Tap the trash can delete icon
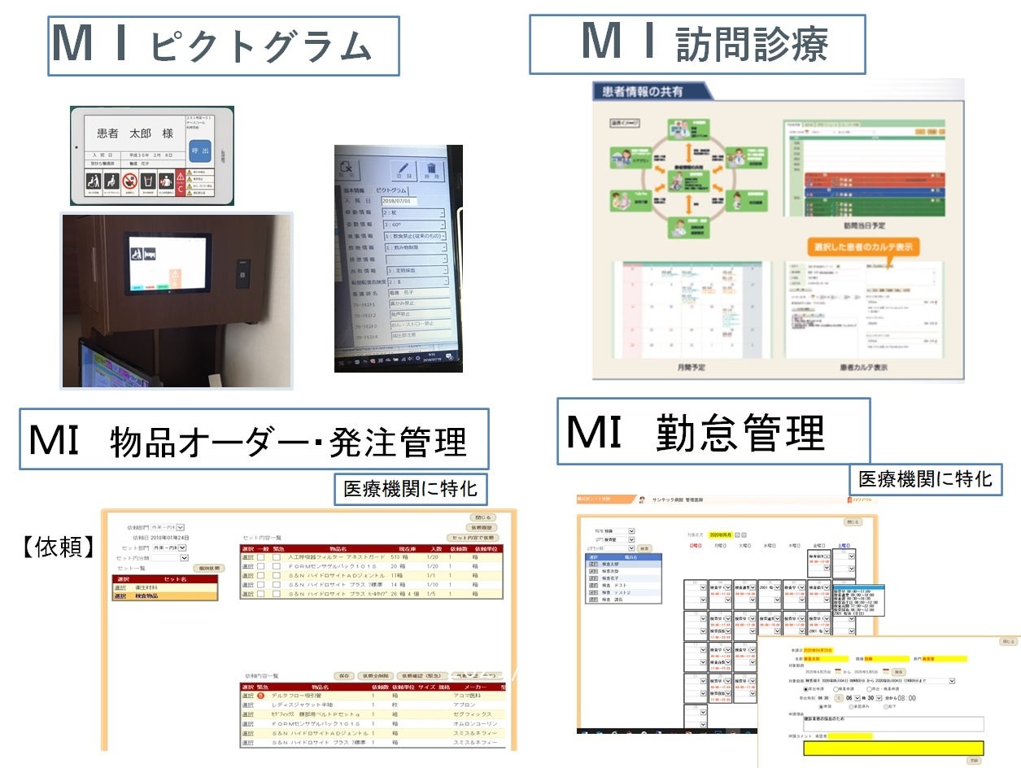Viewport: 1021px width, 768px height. point(431,170)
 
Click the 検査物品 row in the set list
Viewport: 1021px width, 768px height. point(165,596)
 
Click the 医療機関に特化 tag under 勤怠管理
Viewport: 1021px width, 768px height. point(925,479)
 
